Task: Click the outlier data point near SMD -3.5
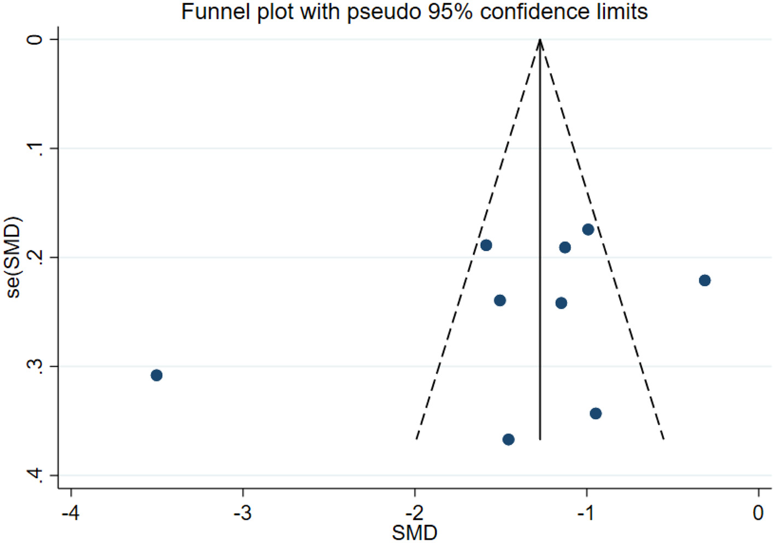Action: [156, 375]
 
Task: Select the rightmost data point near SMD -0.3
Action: [704, 280]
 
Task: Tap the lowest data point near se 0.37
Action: [508, 439]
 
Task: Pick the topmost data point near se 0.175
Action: [588, 229]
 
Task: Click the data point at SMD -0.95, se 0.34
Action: [596, 413]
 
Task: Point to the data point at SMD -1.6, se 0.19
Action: [486, 245]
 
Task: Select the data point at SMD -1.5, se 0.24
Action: [499, 301]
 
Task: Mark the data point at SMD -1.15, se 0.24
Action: [561, 303]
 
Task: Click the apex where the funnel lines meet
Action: [540, 40]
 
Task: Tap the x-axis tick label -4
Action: [70, 513]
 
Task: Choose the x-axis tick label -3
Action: [242, 513]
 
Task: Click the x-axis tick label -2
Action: [414, 513]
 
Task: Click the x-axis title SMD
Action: [415, 532]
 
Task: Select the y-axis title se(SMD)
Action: [14, 257]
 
